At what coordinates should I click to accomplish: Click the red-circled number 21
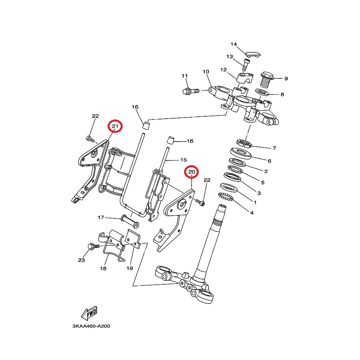click(x=115, y=126)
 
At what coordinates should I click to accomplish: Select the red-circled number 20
click(x=192, y=172)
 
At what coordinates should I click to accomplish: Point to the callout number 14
click(x=233, y=44)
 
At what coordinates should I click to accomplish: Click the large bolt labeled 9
click(x=268, y=80)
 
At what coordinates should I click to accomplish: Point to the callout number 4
click(x=251, y=213)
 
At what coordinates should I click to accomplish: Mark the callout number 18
click(x=103, y=269)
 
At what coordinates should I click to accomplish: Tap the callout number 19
click(x=130, y=269)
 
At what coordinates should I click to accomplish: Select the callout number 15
click(x=183, y=160)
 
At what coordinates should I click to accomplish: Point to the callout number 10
click(x=205, y=72)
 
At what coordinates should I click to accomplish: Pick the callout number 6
click(x=269, y=161)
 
